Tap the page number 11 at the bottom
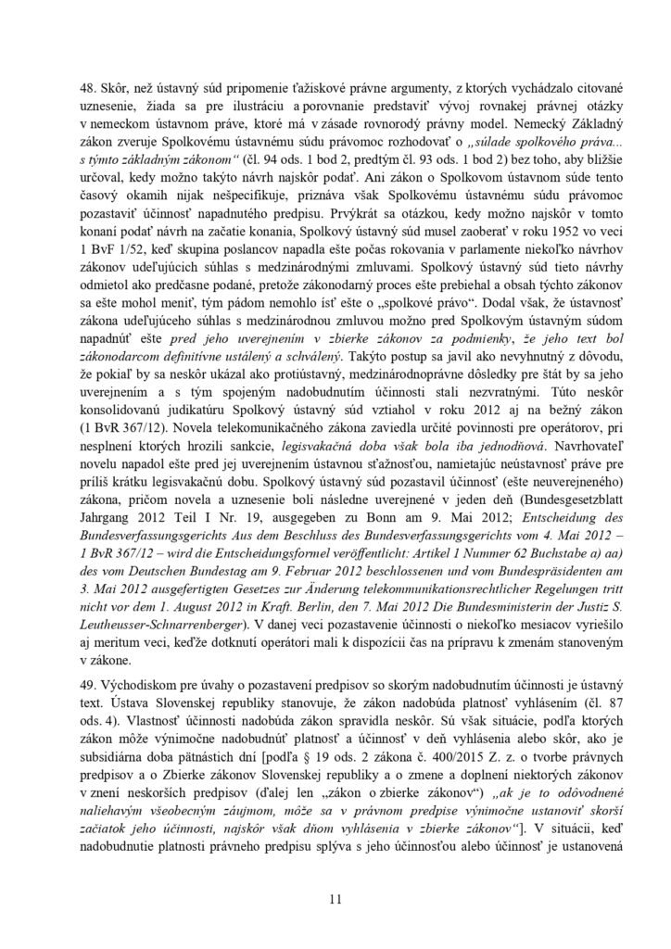pyautogui.click(x=335, y=897)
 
